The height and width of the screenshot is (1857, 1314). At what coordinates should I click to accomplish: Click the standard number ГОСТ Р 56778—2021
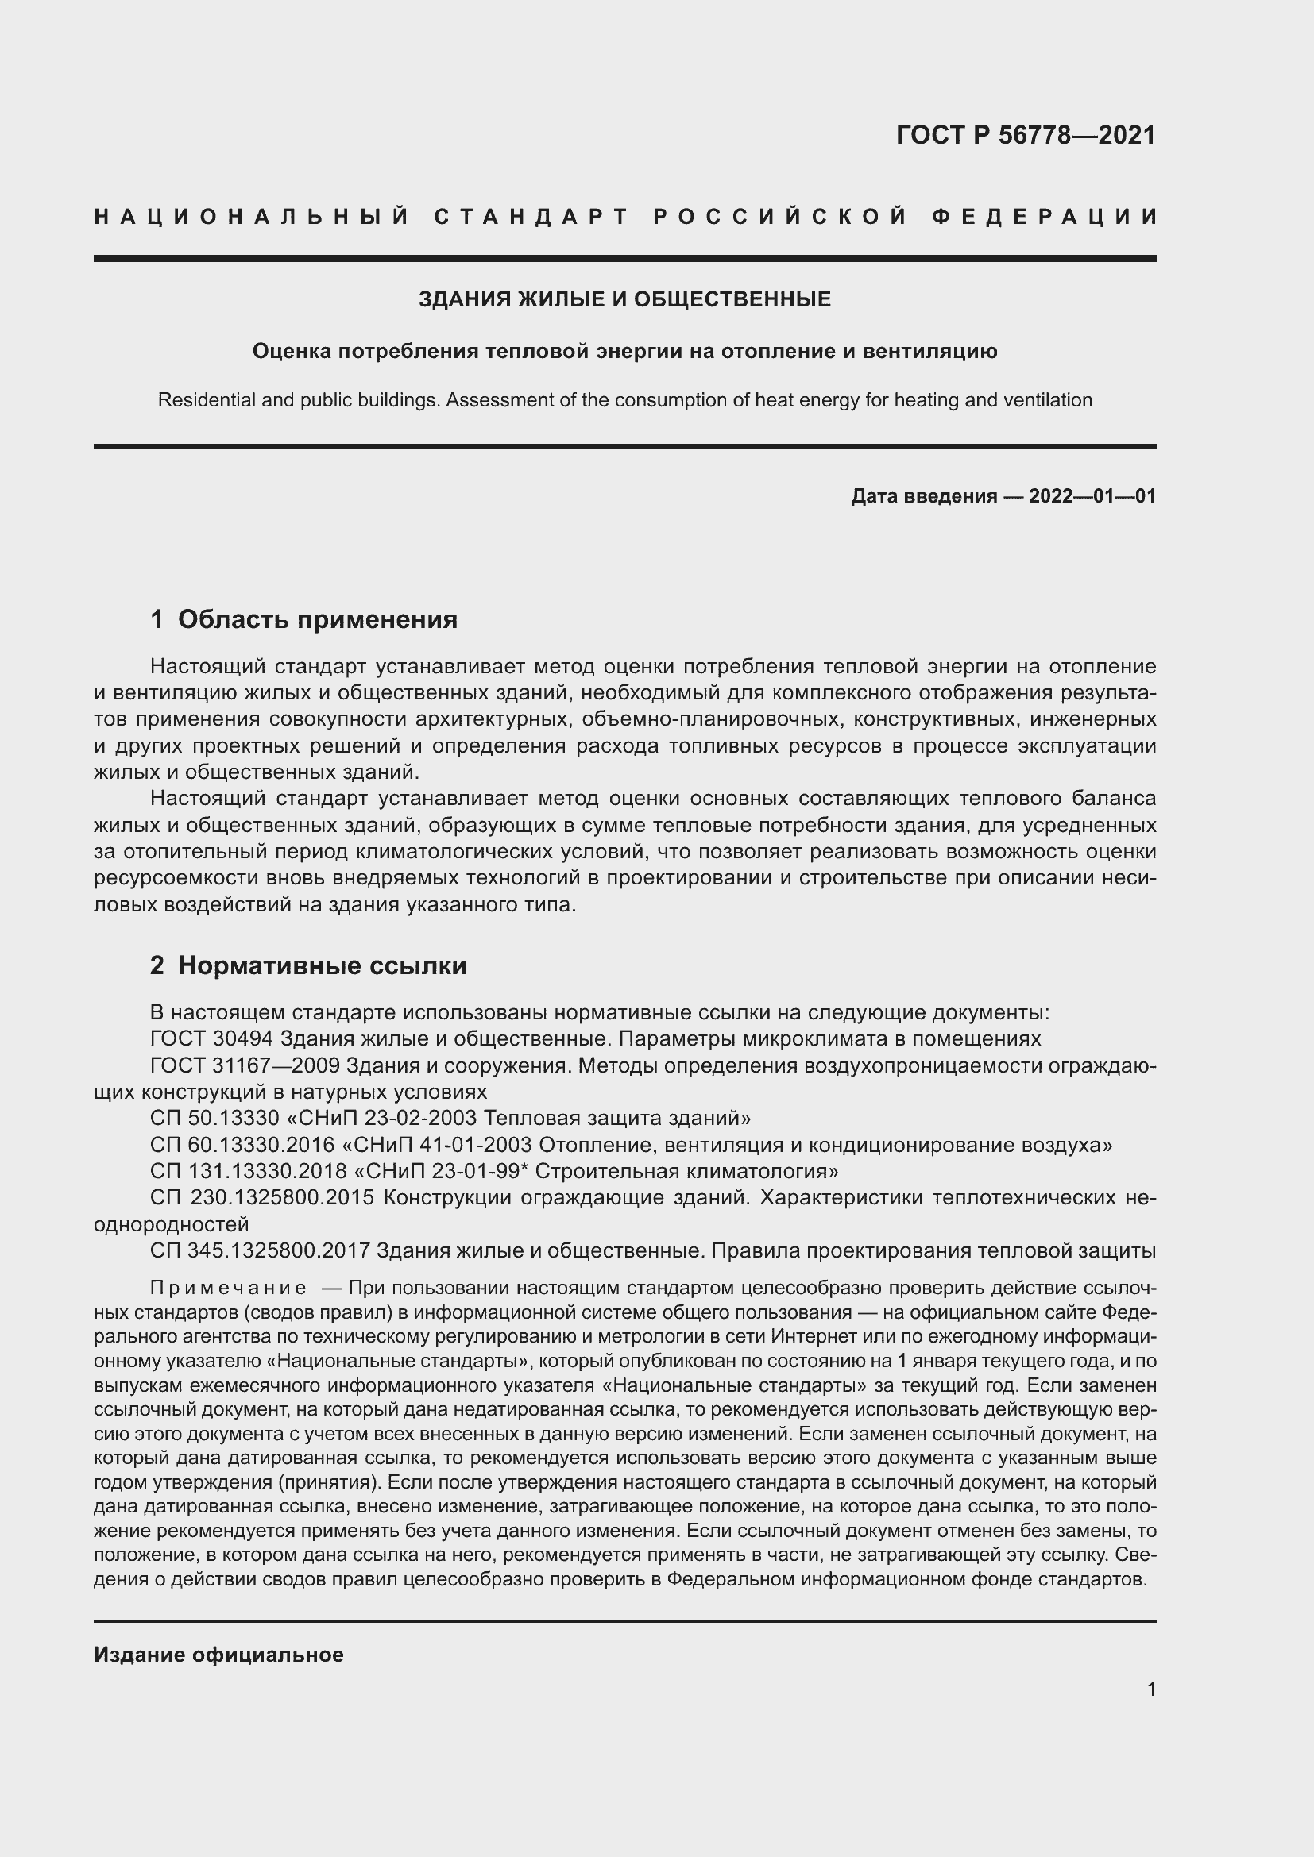1025,135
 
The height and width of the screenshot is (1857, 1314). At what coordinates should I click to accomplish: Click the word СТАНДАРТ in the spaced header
531,217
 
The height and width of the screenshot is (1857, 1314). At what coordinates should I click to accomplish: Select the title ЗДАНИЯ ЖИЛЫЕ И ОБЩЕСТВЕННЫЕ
624,300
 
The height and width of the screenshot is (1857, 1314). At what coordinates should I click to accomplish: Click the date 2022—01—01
1092,496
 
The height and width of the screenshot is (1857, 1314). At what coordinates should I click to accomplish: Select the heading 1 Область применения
304,619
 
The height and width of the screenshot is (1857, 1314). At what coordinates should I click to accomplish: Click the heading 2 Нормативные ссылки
309,965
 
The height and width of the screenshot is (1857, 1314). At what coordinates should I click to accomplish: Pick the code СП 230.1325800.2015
261,1198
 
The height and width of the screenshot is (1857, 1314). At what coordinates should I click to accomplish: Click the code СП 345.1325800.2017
260,1251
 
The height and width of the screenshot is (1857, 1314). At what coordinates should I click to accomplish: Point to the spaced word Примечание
228,1289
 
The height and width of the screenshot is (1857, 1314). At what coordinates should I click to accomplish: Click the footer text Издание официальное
218,1655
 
